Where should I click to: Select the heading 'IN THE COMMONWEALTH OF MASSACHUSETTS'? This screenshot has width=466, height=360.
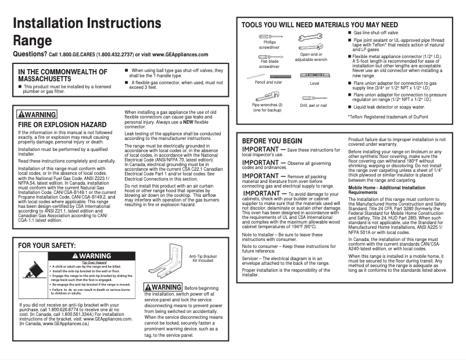(62, 75)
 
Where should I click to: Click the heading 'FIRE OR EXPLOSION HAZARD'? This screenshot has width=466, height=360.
(62, 124)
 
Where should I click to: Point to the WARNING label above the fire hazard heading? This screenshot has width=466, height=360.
(37, 114)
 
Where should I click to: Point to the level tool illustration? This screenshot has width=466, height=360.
(314, 76)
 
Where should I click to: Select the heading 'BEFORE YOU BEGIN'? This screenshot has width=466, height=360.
(272, 141)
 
